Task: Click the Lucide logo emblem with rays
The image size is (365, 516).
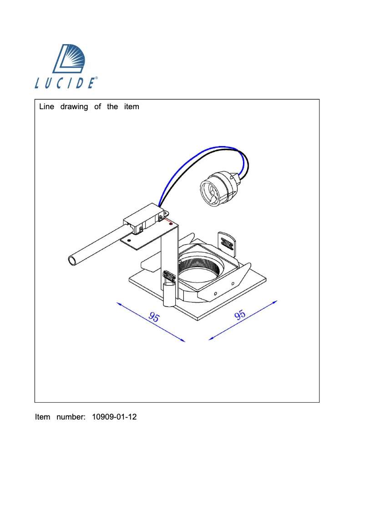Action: [69, 59]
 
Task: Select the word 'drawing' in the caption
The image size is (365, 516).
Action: [74, 106]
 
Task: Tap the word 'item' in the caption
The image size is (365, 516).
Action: [132, 106]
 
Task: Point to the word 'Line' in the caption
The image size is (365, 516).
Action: [47, 106]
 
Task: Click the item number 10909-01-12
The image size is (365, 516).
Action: [114, 417]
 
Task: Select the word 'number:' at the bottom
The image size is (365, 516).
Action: [71, 417]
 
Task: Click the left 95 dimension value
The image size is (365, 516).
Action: [154, 317]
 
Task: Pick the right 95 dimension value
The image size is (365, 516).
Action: [240, 315]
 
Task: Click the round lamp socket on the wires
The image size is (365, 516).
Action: [217, 190]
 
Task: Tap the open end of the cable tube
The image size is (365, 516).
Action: [72, 261]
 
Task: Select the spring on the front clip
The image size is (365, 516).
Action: [169, 277]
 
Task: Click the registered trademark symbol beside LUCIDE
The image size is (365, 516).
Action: [96, 78]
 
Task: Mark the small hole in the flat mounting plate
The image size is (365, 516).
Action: [129, 240]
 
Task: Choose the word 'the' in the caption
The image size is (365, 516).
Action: [112, 106]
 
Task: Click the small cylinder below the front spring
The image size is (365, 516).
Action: [170, 294]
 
